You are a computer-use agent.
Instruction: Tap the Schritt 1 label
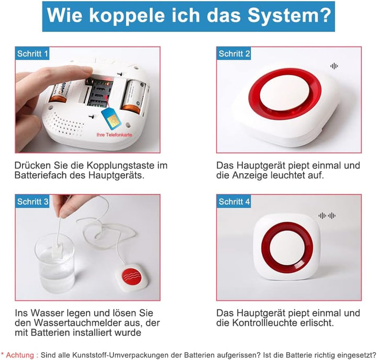(x=32, y=53)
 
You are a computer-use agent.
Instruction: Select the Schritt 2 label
(x=234, y=53)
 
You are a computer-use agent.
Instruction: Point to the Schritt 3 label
(x=32, y=201)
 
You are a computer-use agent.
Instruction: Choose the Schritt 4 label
(x=234, y=201)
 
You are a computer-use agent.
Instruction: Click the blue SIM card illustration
(x=112, y=118)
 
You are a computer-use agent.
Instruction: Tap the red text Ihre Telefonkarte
(x=114, y=135)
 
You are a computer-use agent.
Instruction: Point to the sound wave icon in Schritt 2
(x=334, y=66)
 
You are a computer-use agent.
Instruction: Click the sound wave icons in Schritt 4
(x=327, y=216)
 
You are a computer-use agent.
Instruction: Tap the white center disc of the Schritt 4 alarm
(x=287, y=248)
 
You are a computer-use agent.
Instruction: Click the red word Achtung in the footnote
(x=20, y=355)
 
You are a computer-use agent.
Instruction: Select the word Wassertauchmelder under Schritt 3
(x=86, y=323)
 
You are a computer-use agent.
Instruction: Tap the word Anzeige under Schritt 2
(x=250, y=175)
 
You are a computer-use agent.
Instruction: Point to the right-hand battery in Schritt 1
(x=134, y=97)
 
